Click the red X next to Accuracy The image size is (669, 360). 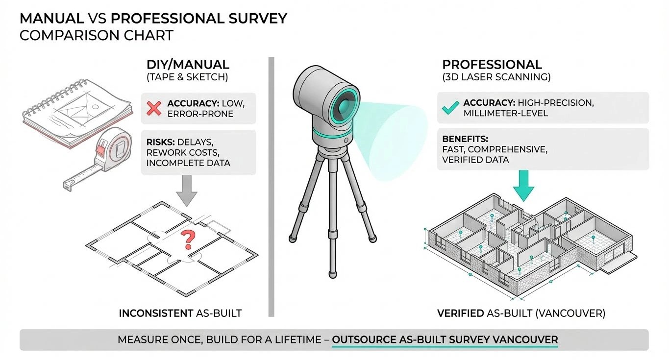(x=154, y=108)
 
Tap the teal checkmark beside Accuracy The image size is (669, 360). (x=450, y=107)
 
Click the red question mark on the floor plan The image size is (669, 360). (x=186, y=240)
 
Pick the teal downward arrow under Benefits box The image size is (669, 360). (x=524, y=186)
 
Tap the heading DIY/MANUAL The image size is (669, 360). (x=188, y=64)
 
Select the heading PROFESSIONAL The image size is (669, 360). (x=492, y=64)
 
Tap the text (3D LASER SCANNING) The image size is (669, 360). (x=496, y=77)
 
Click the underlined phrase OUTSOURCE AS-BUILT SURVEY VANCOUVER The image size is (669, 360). (x=445, y=339)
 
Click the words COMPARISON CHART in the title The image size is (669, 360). (x=97, y=35)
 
